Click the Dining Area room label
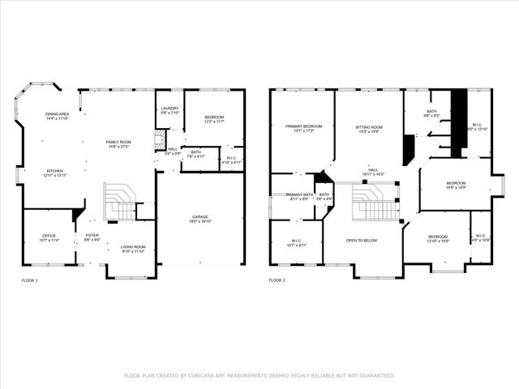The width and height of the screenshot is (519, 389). tap(57, 115)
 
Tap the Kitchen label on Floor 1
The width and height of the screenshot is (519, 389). tap(54, 171)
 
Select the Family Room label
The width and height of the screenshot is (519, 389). tap(118, 143)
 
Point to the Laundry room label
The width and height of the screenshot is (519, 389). tap(169, 109)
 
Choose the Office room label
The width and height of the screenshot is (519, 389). tap(49, 236)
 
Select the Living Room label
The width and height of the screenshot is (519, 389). tap(133, 247)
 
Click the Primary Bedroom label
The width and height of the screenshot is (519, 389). tap(303, 126)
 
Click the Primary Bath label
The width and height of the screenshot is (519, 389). tap(299, 195)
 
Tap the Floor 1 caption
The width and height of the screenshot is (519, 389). tap(29, 280)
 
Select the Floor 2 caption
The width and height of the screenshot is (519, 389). tap(277, 280)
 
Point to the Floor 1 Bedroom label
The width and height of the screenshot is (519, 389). tap(214, 118)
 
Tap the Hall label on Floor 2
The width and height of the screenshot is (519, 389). tap(373, 169)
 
